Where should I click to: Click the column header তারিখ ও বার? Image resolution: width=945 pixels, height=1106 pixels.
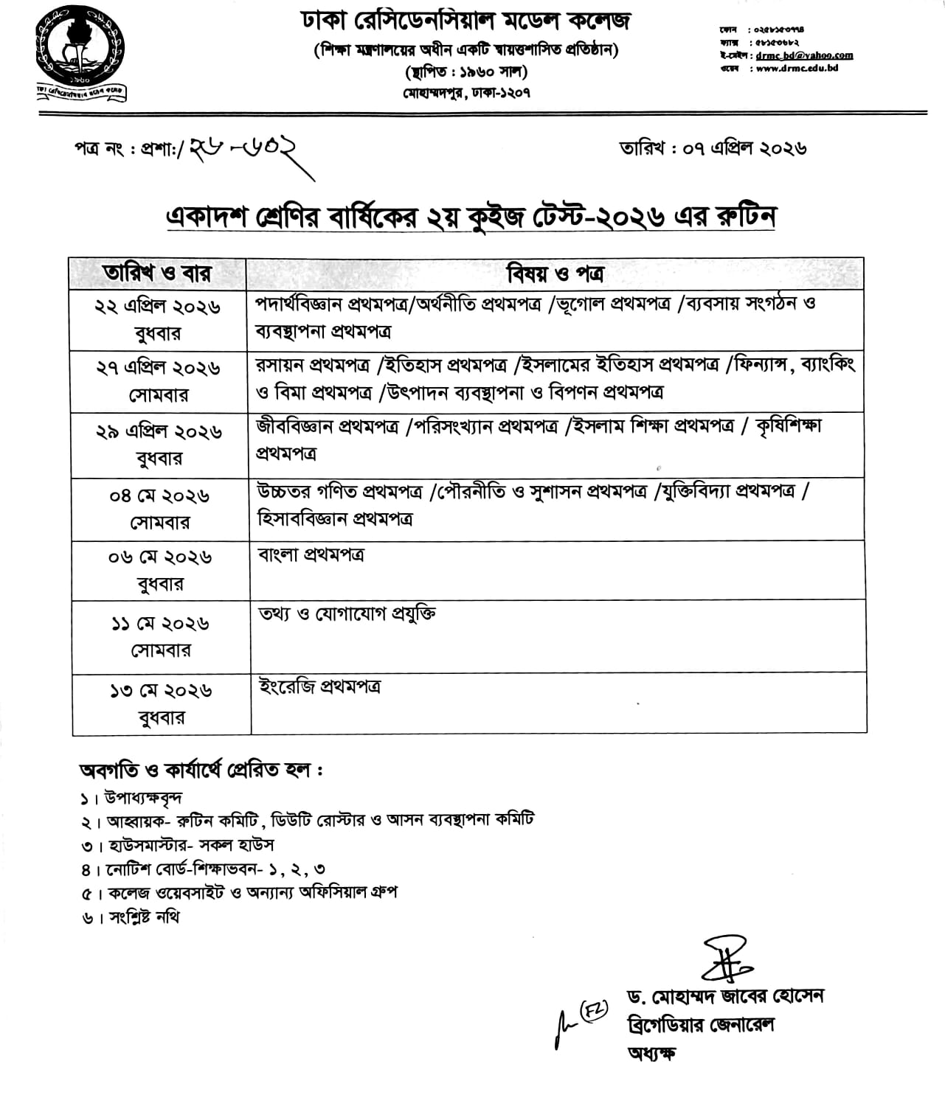[157, 274]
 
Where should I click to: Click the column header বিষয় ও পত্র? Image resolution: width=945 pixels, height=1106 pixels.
[555, 274]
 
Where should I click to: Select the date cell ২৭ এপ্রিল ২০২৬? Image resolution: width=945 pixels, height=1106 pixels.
[158, 368]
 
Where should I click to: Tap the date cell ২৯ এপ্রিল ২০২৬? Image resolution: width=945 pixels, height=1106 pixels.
[159, 431]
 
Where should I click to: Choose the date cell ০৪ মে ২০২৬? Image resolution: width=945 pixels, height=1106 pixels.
[159, 495]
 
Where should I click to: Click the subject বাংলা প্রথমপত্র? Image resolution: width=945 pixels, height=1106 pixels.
[311, 555]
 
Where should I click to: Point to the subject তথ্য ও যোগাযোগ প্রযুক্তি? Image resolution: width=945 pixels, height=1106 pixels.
[347, 614]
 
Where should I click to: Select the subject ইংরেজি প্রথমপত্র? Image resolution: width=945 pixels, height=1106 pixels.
[319, 687]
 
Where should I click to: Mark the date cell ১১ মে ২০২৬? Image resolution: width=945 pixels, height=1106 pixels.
[160, 624]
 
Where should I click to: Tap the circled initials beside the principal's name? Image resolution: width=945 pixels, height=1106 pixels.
[593, 1009]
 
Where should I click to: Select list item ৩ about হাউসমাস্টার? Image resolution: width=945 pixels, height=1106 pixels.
[179, 844]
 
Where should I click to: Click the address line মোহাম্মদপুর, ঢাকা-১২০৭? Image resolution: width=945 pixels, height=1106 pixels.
[466, 93]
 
